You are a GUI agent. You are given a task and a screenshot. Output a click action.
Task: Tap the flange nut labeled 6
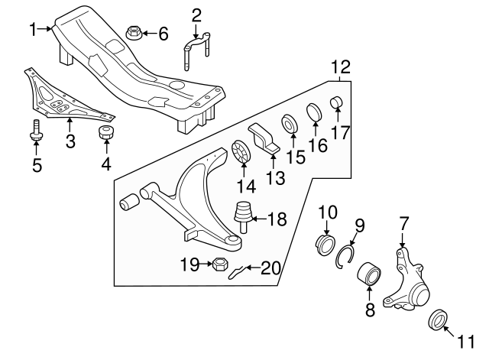pos(132,33)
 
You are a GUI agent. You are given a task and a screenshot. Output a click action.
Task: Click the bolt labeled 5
pos(35,132)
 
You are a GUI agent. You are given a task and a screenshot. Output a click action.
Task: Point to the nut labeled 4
pos(107,135)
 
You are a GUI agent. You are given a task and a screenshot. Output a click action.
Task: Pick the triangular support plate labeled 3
pos(61,96)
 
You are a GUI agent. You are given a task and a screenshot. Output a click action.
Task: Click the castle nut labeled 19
pos(217,265)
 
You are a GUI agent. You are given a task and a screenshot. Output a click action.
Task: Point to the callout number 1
pos(33,29)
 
